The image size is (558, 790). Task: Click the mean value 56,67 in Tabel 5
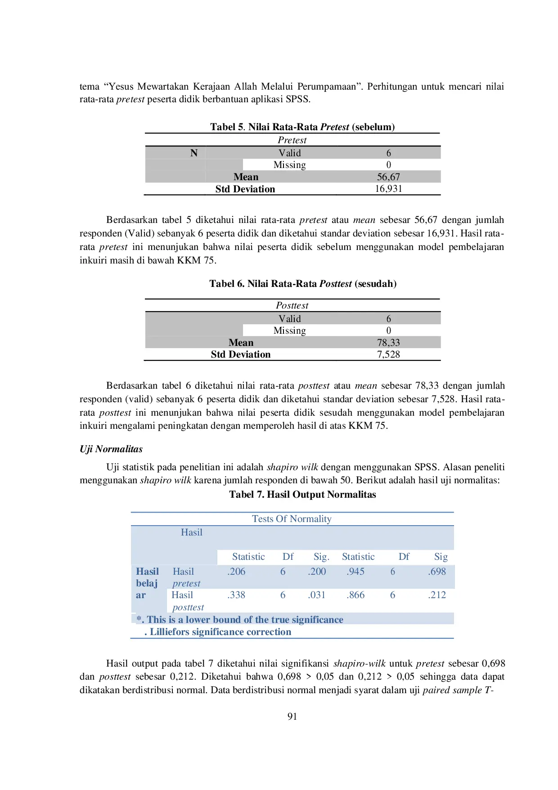388,177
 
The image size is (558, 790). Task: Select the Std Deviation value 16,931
388,189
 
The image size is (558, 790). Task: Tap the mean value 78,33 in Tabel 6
388,343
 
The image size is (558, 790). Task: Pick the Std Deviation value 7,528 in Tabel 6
388,354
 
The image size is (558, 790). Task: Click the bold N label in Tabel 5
194,153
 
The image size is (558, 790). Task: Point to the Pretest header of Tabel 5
292,140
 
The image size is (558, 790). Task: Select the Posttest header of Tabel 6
292,305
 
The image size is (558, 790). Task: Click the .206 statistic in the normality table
236,572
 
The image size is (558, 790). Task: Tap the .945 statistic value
355,572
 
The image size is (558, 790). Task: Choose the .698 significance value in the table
437,572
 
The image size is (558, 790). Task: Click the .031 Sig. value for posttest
317,595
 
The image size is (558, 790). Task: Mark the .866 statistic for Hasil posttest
355,595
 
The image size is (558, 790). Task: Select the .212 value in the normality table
437,595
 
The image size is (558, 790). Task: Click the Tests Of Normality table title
292,519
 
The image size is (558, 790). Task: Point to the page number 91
292,717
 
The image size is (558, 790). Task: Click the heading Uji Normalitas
111,449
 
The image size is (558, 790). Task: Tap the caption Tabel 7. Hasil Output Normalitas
302,495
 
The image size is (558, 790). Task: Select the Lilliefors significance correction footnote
220,632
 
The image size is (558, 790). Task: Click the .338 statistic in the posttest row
236,595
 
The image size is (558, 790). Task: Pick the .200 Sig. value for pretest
317,572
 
